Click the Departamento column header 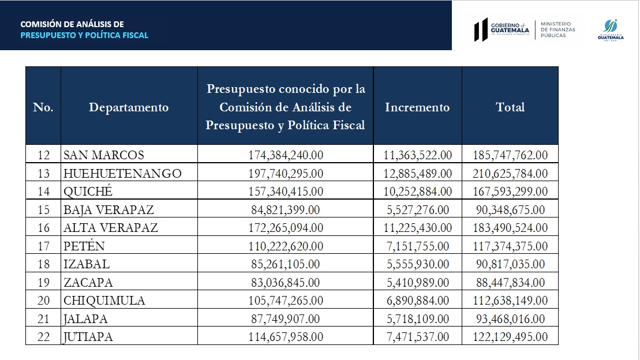129,107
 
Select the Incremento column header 417,107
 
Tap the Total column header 510,107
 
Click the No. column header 43,107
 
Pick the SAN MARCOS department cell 104,155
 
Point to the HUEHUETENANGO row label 122,173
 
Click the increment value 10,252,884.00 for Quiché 417,191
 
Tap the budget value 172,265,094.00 285,228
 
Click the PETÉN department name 84,246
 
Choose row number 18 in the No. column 43,264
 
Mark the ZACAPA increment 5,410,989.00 417,283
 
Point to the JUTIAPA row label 88,337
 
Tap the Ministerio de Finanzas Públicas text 557,29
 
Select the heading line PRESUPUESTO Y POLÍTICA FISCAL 84,35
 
